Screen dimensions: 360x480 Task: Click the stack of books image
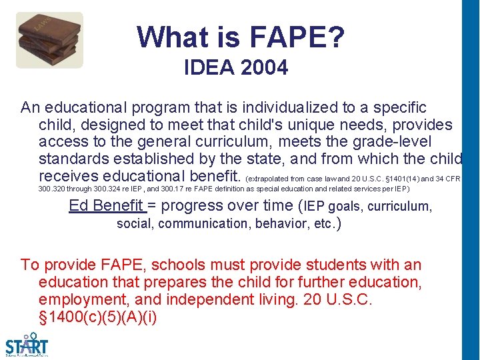tap(49, 39)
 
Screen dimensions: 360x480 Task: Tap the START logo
tap(27, 343)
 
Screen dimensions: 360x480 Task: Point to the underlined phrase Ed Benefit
tap(106, 205)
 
